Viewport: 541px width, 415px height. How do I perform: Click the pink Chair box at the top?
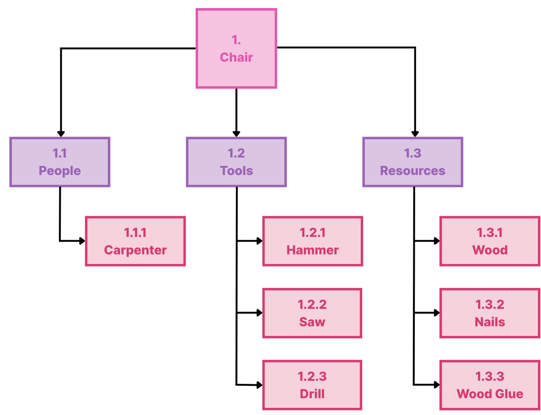pos(236,48)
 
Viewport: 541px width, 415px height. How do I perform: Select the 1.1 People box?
pos(60,162)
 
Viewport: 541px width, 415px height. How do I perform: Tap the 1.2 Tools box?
pos(236,162)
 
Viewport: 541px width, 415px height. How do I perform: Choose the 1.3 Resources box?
pos(413,162)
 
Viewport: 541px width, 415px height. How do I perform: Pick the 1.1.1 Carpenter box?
pos(135,241)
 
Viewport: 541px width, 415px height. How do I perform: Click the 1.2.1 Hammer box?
pos(312,241)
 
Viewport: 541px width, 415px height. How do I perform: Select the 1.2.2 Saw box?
pos(312,313)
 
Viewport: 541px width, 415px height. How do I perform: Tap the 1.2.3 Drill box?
pos(312,385)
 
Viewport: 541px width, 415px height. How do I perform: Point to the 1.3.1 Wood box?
pos(490,241)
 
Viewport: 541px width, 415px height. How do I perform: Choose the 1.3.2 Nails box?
pos(490,313)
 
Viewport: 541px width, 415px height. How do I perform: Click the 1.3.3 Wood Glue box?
pos(490,385)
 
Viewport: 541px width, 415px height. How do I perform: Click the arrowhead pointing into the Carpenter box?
pos(82,241)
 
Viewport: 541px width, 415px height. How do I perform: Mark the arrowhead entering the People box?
pos(60,133)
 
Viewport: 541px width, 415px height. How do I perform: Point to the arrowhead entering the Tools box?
pos(236,133)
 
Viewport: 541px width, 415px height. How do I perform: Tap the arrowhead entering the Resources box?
pos(415,133)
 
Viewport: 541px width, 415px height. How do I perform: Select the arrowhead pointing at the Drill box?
pos(259,385)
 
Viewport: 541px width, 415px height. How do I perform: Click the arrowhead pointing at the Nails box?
pos(436,313)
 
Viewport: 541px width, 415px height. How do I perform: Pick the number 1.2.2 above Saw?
pos(312,305)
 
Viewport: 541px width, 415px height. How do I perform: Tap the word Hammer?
pos(312,250)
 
